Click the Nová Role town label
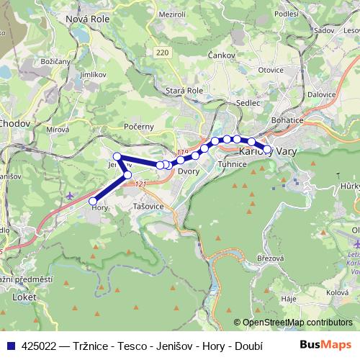[x=86, y=19]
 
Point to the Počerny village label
[x=139, y=127]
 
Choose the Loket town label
[x=24, y=296]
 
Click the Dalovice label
[x=321, y=94]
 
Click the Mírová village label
[x=55, y=130]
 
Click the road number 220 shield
[x=161, y=53]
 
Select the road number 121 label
[x=140, y=185]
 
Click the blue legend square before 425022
[x=11, y=346]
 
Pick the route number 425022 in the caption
[x=40, y=346]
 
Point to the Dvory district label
[x=188, y=171]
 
